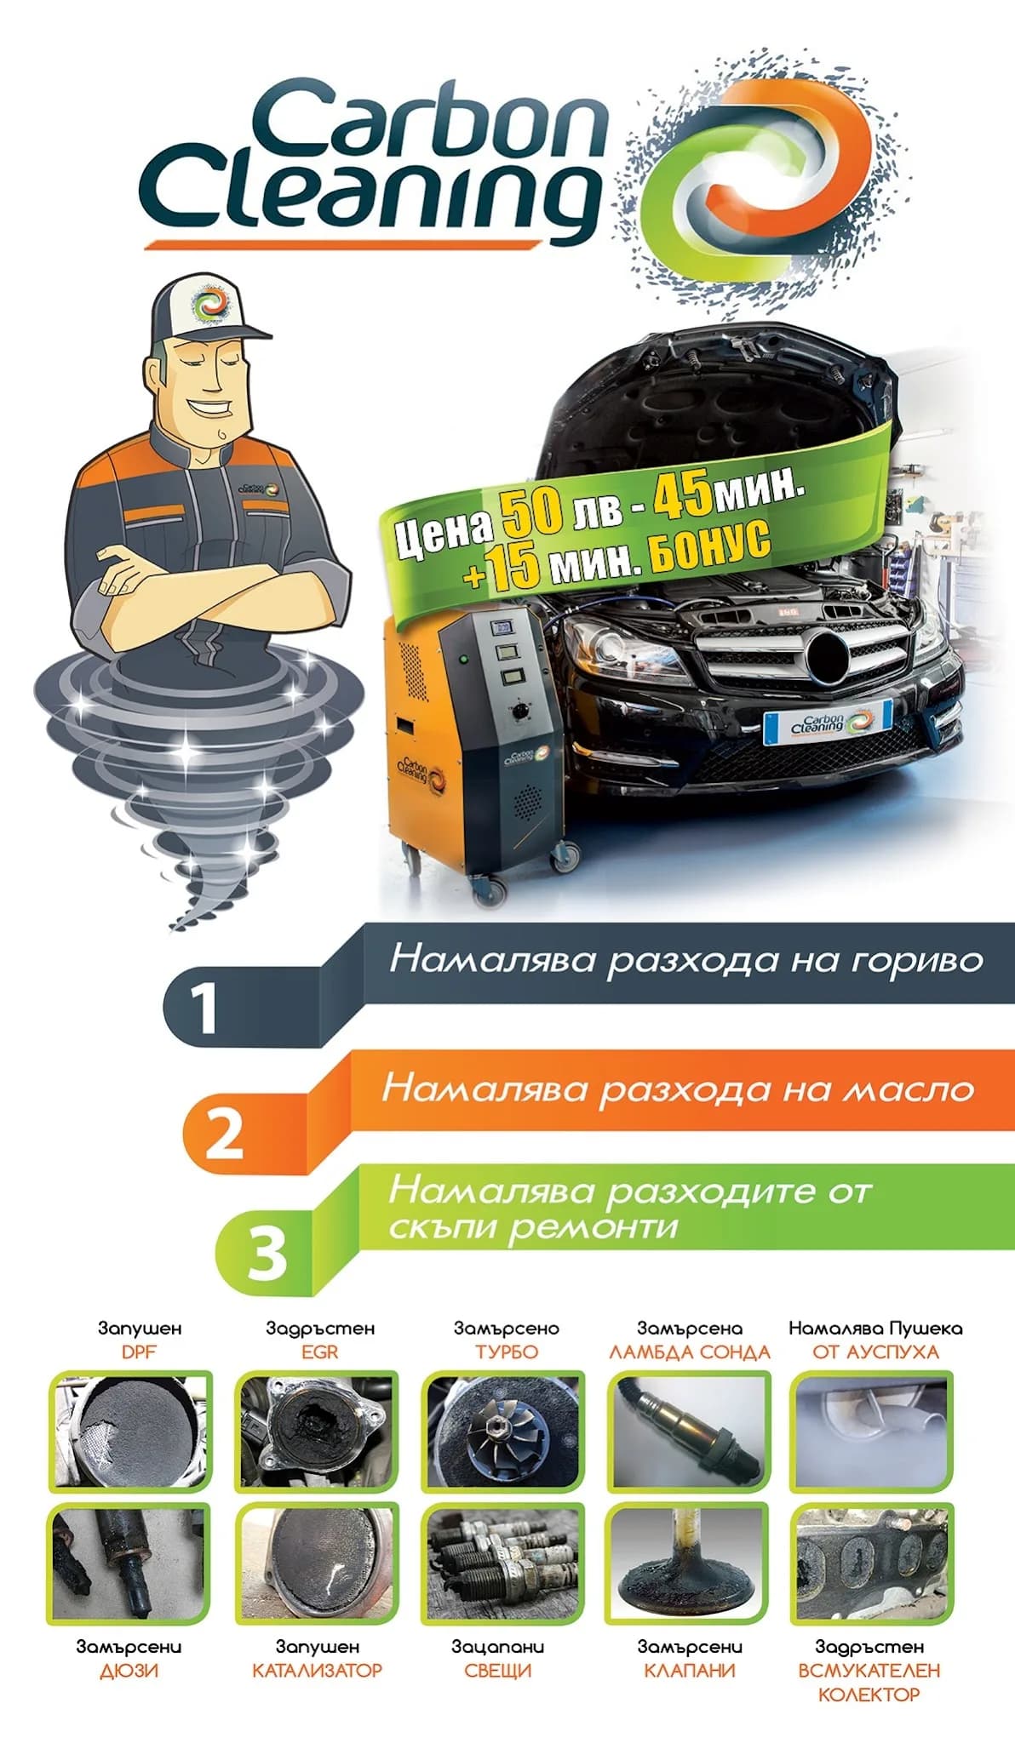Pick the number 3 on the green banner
[x=267, y=1253]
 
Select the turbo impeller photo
[x=503, y=1431]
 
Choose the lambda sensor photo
[x=689, y=1431]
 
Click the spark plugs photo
[x=503, y=1564]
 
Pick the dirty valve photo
[x=689, y=1564]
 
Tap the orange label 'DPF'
[x=139, y=1352]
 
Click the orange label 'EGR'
[x=319, y=1352]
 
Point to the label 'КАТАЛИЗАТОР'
[x=317, y=1671]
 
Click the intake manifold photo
[x=873, y=1564]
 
